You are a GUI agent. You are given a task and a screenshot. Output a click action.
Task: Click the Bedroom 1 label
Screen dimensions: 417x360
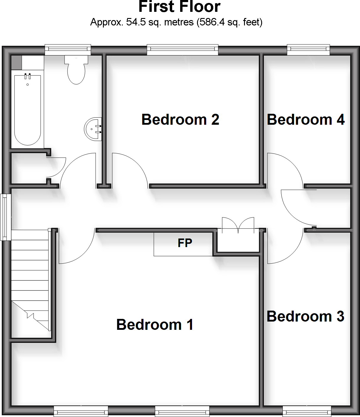[155, 325]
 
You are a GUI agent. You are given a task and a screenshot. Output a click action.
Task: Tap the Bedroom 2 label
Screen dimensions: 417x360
[180, 120]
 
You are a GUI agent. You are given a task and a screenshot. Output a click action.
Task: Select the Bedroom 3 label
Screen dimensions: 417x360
[305, 317]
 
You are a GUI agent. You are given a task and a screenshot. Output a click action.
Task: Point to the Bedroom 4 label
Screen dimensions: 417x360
[306, 120]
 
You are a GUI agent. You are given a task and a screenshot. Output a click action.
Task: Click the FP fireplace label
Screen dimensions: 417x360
[185, 243]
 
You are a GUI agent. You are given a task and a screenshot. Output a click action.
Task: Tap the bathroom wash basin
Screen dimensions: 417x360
[93, 129]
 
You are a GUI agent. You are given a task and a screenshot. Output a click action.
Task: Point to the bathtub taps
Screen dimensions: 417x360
[28, 76]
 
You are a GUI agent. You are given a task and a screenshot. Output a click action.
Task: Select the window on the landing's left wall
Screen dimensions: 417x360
[4, 217]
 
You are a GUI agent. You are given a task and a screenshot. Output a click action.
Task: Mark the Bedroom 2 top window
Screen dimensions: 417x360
[183, 50]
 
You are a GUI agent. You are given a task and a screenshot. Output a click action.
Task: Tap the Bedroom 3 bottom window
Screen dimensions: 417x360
[307, 411]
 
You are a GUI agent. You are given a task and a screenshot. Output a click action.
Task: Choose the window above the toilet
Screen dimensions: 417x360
[68, 50]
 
